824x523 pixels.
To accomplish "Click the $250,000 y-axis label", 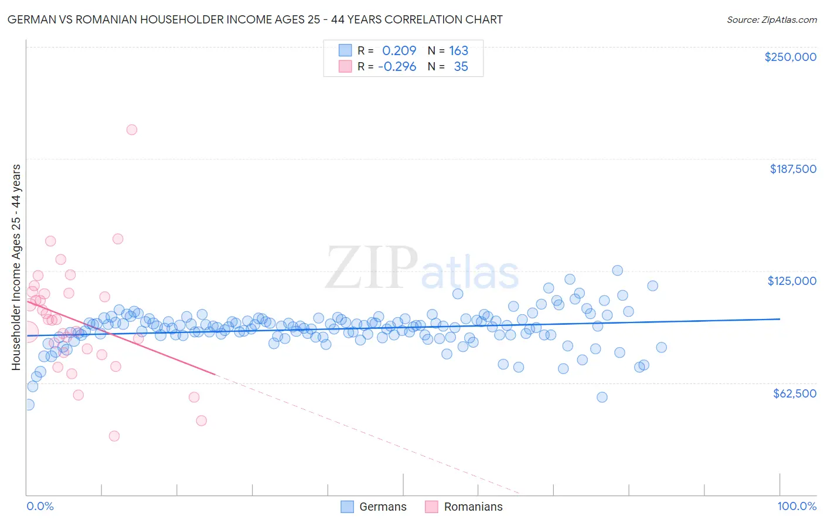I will coord(790,57).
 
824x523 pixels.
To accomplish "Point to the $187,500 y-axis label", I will coord(792,169).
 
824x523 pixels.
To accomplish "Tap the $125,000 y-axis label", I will coord(792,281).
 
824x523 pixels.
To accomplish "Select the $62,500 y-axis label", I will coord(794,393).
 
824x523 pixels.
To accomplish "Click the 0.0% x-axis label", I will coord(40,506).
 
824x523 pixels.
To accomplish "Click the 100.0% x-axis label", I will coord(796,506).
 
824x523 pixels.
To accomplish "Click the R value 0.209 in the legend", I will coord(399,51).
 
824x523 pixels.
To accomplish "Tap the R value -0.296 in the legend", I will coord(397,67).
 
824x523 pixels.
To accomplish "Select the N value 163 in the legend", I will coord(458,51).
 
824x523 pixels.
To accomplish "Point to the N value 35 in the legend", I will coord(461,67).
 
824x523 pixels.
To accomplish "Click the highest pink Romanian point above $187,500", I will coord(132,130).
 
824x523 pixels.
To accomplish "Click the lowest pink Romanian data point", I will coord(114,436).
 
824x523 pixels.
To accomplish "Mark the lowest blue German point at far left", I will coord(28,405).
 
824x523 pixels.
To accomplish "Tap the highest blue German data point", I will coord(617,270).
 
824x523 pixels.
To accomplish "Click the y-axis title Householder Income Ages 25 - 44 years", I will coord(16,267).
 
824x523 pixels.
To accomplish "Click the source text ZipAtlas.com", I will coord(771,20).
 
